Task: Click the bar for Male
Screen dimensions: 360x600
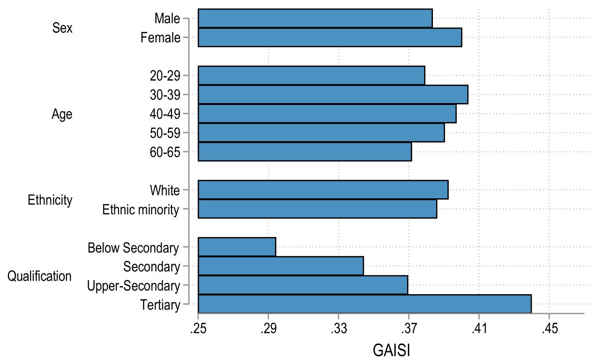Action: (315, 18)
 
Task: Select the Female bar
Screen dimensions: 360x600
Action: (330, 37)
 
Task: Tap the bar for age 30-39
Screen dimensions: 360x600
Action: (333, 94)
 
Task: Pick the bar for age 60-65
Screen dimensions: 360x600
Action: (305, 151)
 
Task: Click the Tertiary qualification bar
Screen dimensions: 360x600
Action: (365, 304)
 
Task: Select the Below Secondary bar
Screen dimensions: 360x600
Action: (237, 247)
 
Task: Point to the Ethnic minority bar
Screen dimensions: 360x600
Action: (317, 209)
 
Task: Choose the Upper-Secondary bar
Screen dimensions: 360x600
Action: (303, 285)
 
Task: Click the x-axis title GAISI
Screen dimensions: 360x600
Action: (392, 349)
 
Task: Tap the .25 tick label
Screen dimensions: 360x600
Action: (198, 329)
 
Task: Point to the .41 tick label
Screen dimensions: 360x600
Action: (478, 329)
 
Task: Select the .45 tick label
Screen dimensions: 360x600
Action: (549, 329)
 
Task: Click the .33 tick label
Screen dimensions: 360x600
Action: (338, 329)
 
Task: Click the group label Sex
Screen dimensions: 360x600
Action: (62, 28)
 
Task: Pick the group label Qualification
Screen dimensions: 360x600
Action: (40, 276)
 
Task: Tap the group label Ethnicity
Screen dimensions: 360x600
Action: (50, 200)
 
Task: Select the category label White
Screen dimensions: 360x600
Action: (165, 190)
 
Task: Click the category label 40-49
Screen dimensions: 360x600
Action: (166, 114)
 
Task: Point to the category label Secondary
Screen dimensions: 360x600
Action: (152, 266)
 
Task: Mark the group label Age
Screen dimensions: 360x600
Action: (62, 114)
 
